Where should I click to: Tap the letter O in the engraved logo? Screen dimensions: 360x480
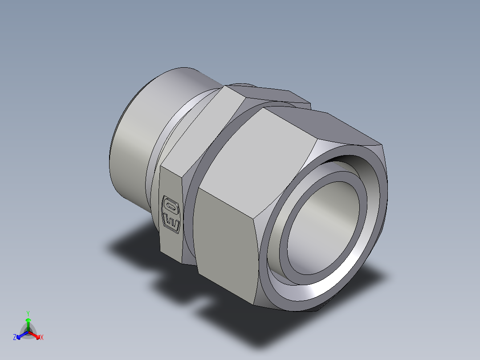point(170,206)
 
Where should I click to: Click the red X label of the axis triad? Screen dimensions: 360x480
point(42,338)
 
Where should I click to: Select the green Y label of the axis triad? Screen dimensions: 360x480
point(28,313)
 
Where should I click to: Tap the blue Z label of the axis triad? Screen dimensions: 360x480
point(15,338)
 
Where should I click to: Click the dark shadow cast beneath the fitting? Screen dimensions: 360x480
point(134,243)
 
